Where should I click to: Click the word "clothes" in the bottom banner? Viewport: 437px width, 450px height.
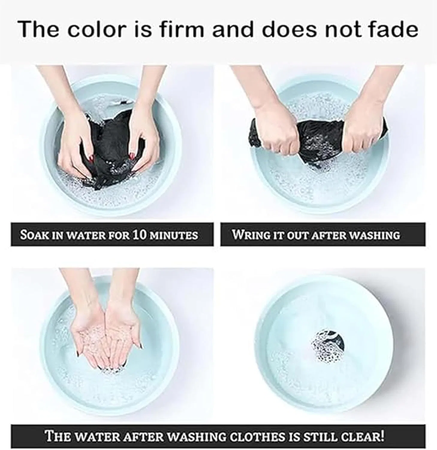(260, 436)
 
